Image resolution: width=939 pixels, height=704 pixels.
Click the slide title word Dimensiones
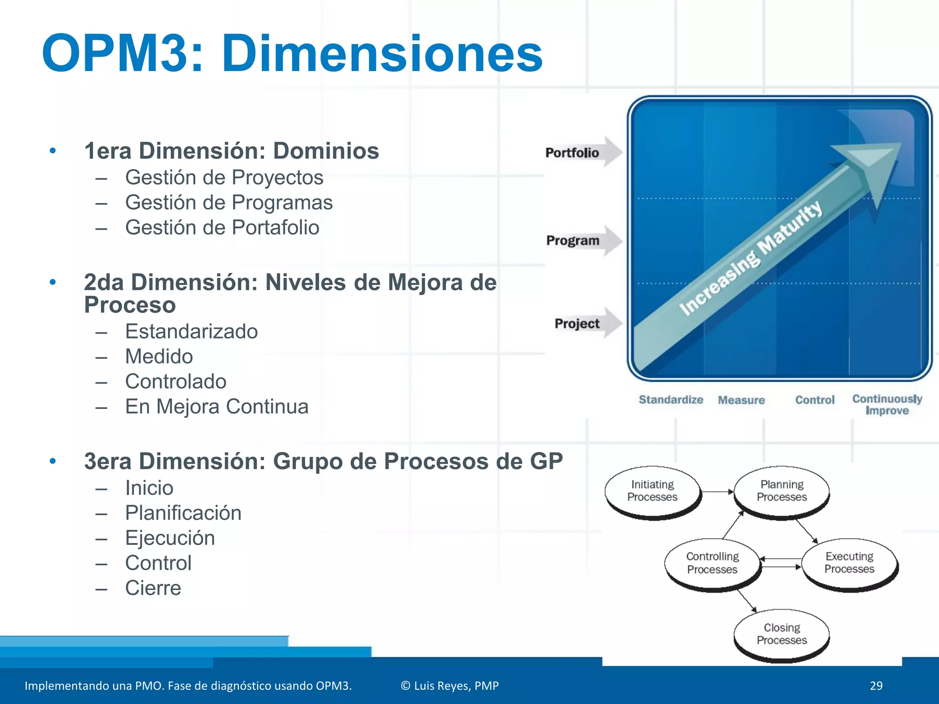click(382, 54)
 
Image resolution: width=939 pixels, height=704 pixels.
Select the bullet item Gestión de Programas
click(229, 203)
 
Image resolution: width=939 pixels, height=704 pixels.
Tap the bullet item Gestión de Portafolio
click(222, 228)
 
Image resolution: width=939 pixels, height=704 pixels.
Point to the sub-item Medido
click(159, 357)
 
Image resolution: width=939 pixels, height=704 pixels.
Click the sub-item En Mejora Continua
click(216, 407)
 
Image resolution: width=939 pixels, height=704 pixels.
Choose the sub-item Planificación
click(183, 513)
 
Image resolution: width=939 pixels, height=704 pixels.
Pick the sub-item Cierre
click(153, 588)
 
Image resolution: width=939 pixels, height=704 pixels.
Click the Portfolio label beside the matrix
click(572, 153)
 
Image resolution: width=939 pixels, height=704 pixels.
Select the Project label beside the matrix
click(577, 324)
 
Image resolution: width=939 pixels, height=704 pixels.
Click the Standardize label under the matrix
click(671, 400)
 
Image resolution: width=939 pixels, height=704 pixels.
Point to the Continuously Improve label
click(887, 405)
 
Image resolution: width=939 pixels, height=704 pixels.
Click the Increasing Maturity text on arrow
click(751, 258)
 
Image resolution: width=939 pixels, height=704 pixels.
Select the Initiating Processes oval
click(652, 491)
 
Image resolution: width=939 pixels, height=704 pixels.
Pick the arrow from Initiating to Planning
click(718, 492)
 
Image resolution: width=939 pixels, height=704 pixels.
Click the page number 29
click(876, 686)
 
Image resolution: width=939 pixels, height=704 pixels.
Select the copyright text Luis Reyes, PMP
click(450, 686)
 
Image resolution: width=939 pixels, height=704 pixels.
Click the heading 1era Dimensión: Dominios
click(232, 151)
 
